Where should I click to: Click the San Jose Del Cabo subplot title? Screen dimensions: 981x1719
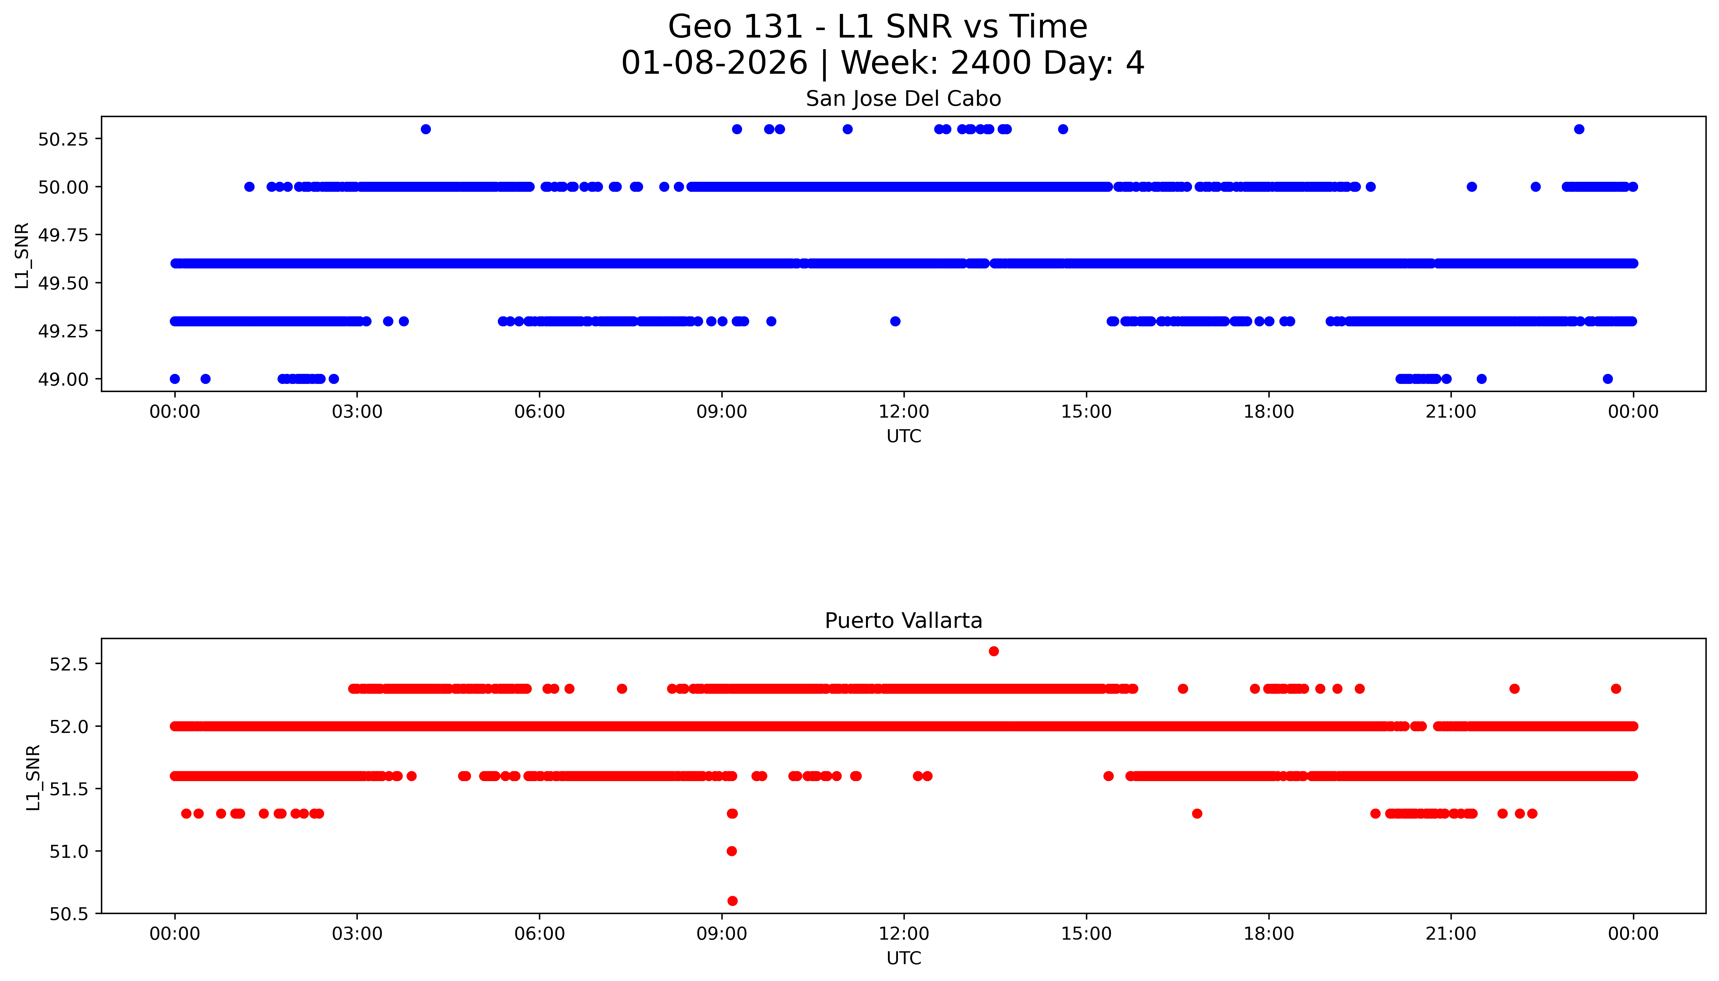[903, 99]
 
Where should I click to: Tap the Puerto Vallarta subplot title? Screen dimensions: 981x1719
[903, 621]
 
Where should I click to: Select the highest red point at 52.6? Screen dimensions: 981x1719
[993, 651]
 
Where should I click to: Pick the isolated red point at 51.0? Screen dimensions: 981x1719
[732, 851]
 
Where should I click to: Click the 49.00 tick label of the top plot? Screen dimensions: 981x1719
[63, 379]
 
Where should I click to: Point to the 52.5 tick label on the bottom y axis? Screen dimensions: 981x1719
[69, 664]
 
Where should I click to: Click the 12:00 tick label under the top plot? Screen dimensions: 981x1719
[903, 412]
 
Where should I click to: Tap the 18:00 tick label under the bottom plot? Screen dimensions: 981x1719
[1268, 934]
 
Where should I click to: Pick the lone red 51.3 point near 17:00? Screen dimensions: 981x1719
[1197, 813]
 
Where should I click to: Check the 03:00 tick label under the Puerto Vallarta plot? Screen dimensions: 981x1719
[357, 934]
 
